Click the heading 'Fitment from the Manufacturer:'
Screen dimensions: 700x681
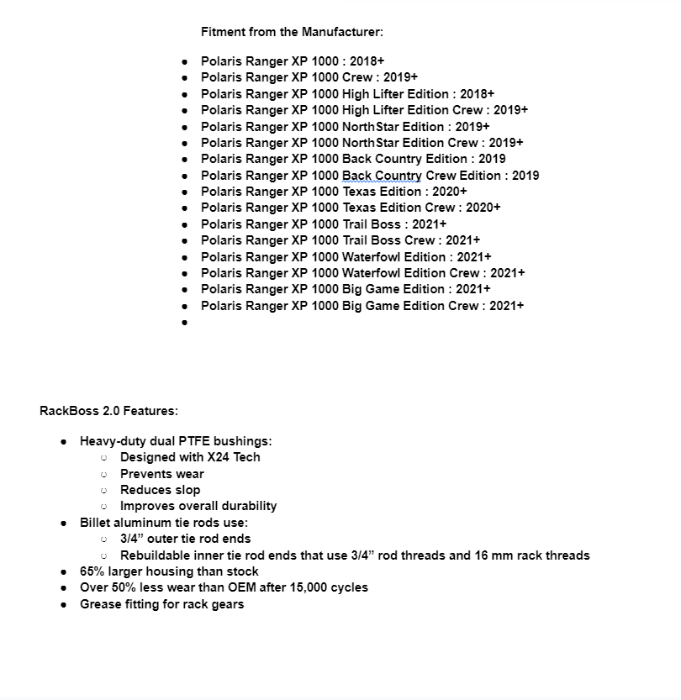tap(292, 32)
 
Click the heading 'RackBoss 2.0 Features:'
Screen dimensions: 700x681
tap(108, 411)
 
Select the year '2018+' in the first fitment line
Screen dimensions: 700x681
tap(367, 61)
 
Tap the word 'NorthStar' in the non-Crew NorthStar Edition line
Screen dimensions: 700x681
tap(370, 127)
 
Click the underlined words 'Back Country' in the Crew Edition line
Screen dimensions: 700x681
tap(382, 176)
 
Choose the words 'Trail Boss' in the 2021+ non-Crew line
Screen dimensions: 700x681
tap(371, 224)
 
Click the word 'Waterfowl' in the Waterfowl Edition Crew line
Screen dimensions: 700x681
tap(371, 273)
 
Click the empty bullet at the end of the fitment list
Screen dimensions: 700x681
tap(185, 323)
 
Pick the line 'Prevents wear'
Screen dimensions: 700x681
tap(161, 474)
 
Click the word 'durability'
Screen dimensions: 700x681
tap(249, 506)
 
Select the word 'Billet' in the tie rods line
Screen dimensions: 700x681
tap(96, 523)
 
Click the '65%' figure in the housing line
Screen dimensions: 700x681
tap(92, 571)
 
